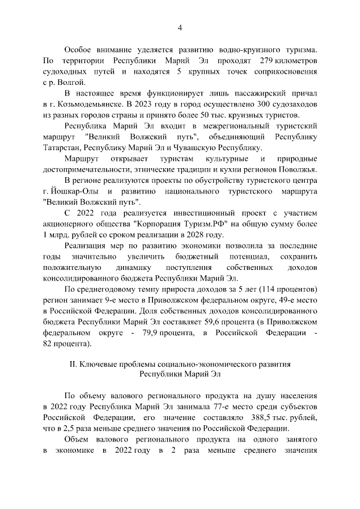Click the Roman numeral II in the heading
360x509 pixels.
click(73, 364)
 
